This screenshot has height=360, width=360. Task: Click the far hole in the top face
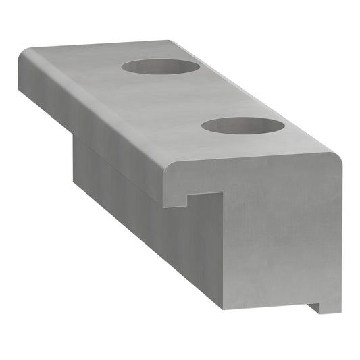(161, 67)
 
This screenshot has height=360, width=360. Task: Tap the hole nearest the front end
(242, 126)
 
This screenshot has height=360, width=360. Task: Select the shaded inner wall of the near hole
(241, 122)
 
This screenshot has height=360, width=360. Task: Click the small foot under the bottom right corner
(315, 307)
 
